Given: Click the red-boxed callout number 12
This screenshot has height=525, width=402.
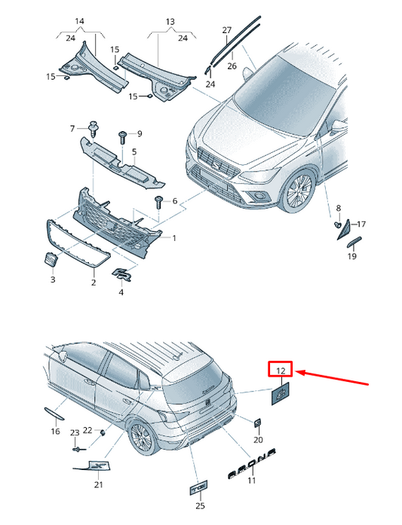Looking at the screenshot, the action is click(281, 371).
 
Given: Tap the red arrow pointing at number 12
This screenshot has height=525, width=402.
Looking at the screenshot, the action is click(333, 378).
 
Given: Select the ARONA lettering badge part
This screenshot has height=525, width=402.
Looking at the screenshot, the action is click(251, 463).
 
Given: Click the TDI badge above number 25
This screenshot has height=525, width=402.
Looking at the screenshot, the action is click(199, 489).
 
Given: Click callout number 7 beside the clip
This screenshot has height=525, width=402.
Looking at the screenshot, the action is click(72, 128).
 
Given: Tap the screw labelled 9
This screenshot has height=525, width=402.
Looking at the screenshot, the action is click(122, 137).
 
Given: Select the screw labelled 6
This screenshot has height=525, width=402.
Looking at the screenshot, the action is click(158, 203).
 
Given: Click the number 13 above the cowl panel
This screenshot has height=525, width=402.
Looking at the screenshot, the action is click(170, 22).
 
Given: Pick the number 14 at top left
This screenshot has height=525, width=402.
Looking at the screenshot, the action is click(79, 21).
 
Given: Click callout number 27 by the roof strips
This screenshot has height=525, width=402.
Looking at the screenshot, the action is click(227, 30).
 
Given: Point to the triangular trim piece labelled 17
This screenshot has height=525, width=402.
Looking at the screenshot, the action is click(343, 230).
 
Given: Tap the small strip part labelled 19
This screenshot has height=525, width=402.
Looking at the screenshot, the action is click(354, 242).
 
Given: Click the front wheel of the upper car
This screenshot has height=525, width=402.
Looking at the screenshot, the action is click(298, 191).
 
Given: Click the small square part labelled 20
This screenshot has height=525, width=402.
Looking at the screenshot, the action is click(257, 423).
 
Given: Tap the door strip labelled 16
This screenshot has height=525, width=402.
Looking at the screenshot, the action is click(54, 414).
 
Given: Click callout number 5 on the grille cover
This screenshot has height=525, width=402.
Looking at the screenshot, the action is click(134, 151).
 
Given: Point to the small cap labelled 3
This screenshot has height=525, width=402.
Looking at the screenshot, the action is click(51, 259).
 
